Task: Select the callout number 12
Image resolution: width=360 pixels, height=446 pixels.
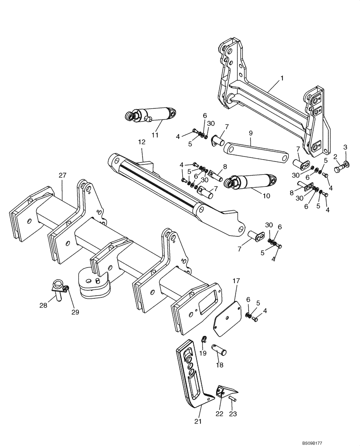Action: [142, 142]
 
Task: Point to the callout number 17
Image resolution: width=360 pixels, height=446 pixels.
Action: [236, 281]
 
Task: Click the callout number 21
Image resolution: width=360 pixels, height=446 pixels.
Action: [198, 421]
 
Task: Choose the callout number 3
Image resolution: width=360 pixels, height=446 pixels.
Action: [345, 147]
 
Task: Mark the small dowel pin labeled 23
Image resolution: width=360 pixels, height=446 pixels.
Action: [233, 400]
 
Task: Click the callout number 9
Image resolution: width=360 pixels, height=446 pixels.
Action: [250, 133]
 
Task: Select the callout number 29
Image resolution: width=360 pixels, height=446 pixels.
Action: [75, 312]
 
